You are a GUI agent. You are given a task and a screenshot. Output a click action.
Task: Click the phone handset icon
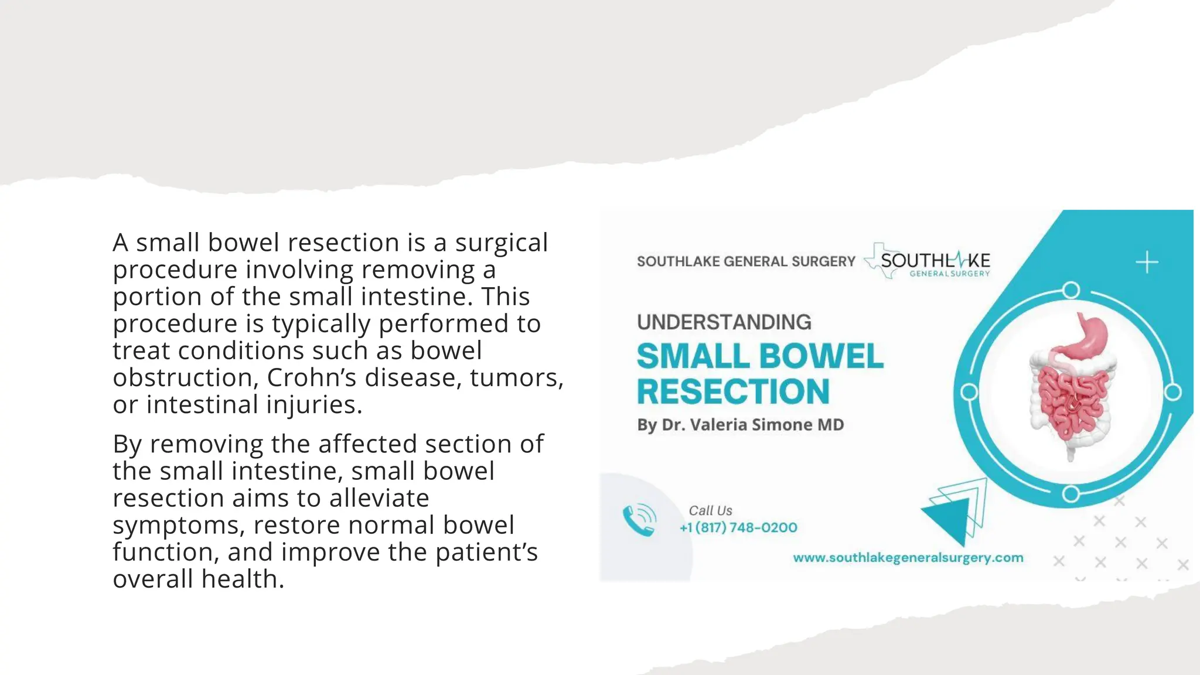639,520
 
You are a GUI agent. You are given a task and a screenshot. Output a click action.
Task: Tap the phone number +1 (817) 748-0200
738,527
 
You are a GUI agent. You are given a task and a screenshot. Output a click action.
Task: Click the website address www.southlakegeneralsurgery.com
908,558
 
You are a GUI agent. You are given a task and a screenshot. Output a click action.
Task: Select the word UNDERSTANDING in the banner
724,322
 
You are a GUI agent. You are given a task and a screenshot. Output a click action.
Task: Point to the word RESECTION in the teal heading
733,391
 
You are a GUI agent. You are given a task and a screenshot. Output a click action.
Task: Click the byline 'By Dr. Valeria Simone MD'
741,425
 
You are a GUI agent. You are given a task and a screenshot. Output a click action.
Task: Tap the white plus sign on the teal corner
1147,262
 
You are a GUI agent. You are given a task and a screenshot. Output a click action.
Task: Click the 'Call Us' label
710,510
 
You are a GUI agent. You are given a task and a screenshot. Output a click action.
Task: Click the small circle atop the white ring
1071,290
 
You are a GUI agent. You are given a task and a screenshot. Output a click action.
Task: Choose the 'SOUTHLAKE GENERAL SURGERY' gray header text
746,261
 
